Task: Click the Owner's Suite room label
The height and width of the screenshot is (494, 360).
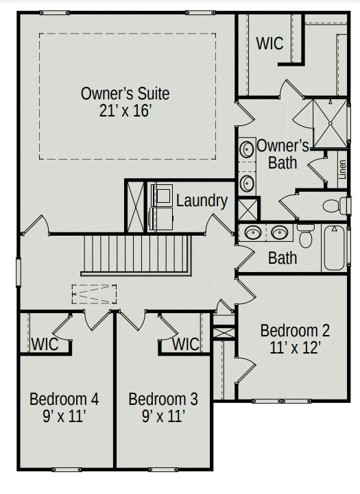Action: click(125, 93)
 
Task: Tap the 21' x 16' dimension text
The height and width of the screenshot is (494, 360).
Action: click(125, 110)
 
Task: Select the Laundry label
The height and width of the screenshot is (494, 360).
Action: click(202, 201)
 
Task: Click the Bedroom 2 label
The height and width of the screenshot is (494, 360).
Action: click(295, 330)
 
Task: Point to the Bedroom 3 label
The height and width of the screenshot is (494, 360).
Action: click(163, 399)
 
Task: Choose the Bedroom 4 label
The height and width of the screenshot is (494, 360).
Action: click(64, 399)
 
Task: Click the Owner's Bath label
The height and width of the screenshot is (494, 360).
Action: click(283, 154)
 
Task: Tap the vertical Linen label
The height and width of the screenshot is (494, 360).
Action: click(342, 169)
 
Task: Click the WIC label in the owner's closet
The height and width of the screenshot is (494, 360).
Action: click(269, 43)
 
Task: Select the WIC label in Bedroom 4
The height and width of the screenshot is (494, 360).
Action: click(45, 344)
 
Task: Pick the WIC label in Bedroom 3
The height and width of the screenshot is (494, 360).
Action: click(185, 344)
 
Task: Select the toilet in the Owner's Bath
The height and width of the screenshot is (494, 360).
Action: click(333, 205)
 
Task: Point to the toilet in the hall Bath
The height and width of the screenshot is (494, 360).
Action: click(306, 237)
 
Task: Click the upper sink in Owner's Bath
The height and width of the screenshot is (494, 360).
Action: click(246, 149)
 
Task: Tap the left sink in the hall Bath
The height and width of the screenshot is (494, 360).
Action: click(253, 232)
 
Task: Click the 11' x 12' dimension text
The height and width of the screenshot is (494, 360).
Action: click(295, 347)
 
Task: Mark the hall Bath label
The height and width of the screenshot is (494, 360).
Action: click(283, 258)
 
